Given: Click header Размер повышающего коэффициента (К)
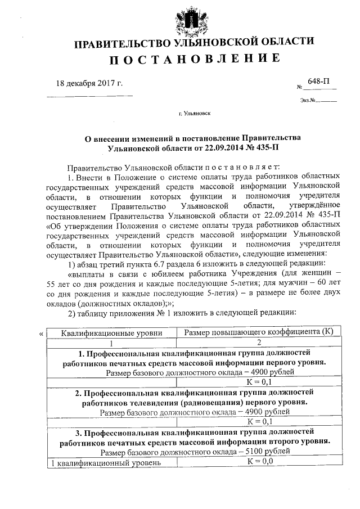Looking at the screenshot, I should click(259, 333).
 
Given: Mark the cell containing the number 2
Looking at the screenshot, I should click(259, 343).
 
